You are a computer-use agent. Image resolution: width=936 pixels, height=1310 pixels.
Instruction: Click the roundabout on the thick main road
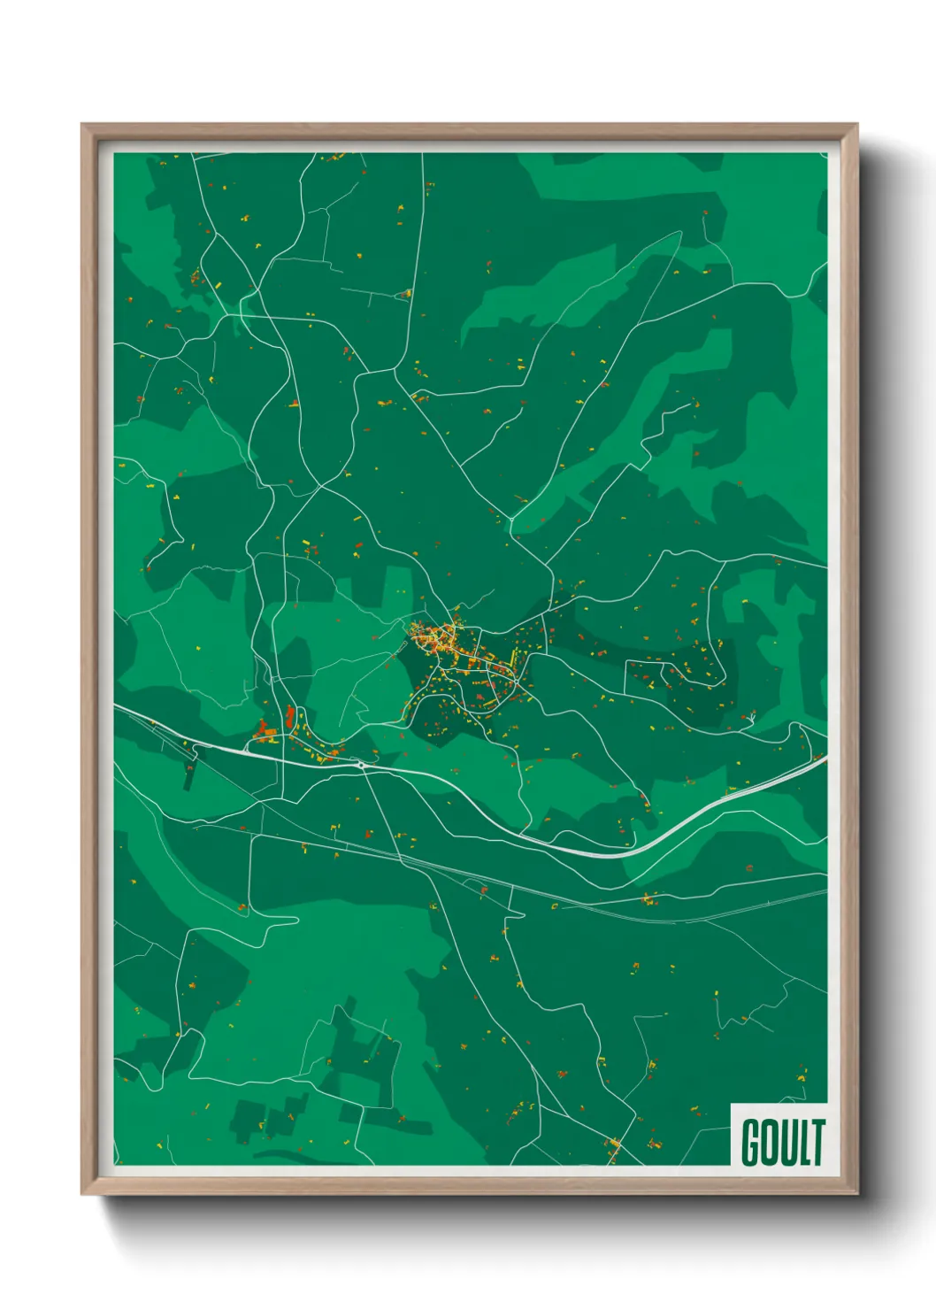pyautogui.click(x=361, y=765)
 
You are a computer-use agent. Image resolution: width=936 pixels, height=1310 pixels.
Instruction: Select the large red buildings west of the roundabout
pyautogui.click(x=263, y=731)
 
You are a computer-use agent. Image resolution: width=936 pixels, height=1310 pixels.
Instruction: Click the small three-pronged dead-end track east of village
pyautogui.click(x=751, y=717)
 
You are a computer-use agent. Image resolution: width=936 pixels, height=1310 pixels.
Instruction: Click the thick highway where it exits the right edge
pyautogui.click(x=825, y=758)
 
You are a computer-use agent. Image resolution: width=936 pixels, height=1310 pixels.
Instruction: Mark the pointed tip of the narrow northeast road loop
pyautogui.click(x=679, y=233)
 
